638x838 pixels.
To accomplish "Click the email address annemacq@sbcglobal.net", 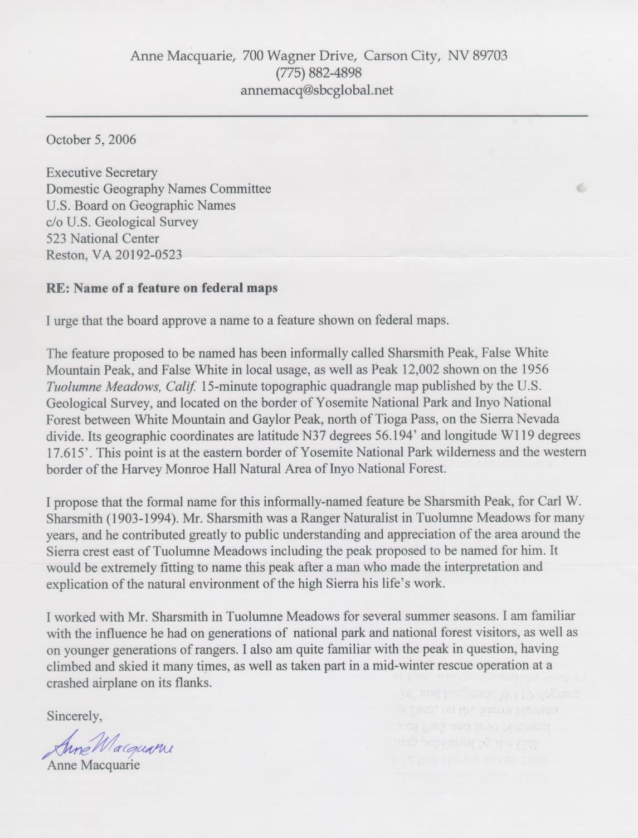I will [316, 90].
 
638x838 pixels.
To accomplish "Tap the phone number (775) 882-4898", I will [318, 72].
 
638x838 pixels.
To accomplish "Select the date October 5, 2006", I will [91, 139].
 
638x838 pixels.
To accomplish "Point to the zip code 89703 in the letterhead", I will [489, 55].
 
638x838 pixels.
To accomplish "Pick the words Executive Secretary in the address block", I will [101, 172].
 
